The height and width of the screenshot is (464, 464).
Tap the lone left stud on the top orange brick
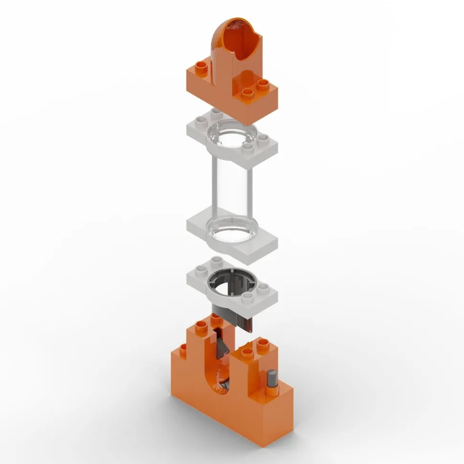pyautogui.click(x=201, y=66)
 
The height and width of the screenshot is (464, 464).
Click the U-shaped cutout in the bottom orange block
pyautogui.click(x=221, y=373)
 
